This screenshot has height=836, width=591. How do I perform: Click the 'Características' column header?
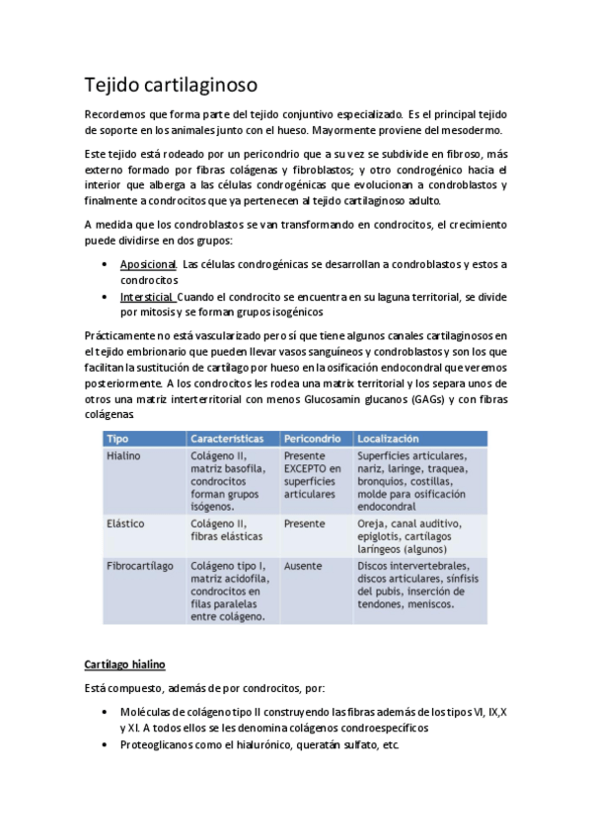[227, 438]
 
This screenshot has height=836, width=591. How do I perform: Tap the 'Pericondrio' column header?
[313, 438]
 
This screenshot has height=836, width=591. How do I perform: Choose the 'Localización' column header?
[388, 438]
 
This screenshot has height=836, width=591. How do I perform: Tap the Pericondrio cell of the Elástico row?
[305, 523]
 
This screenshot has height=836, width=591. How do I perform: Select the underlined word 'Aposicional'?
[148, 264]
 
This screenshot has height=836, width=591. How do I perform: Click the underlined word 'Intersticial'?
[147, 297]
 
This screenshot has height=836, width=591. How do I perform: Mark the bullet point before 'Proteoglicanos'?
[107, 744]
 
